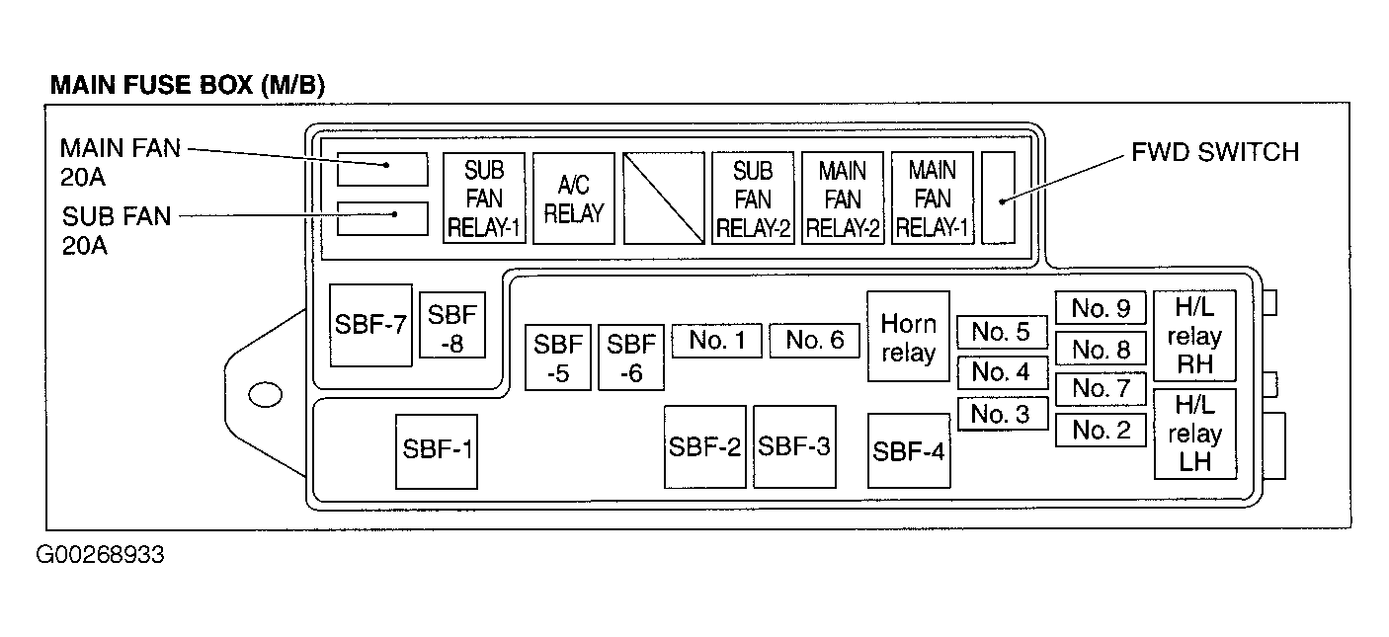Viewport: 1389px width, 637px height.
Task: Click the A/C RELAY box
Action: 573,199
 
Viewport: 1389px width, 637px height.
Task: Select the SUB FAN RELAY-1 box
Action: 484,199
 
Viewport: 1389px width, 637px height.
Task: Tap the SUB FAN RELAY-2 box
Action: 753,199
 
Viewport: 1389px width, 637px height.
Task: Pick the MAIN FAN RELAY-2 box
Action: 842,199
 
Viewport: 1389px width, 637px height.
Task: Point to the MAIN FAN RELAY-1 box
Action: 932,199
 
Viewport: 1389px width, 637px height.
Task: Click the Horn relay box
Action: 908,336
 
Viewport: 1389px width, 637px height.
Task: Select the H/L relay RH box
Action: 1194,336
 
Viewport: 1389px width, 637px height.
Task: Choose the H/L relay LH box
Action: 1194,434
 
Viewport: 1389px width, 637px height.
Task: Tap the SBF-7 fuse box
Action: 370,325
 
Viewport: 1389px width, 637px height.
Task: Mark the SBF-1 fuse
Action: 437,450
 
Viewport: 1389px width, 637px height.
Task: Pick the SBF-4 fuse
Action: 908,450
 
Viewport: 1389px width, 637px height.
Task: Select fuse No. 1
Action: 716,341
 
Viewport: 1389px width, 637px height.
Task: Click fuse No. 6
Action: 815,341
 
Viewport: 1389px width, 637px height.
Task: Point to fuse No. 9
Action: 1100,308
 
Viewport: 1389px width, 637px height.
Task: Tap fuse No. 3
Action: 1002,414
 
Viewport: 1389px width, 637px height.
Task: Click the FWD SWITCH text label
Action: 1214,152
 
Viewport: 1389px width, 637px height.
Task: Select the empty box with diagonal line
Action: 664,199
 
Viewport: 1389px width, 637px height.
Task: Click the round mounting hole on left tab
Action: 265,395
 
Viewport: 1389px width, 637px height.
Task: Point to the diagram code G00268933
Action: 100,555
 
